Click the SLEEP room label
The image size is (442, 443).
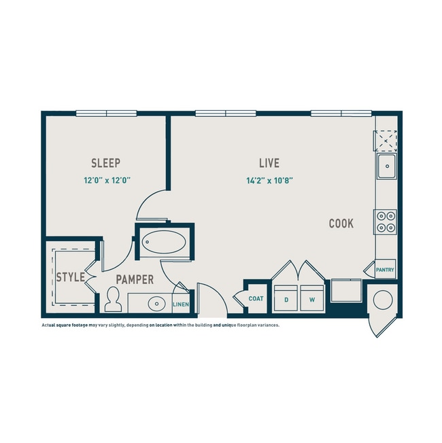point(106,163)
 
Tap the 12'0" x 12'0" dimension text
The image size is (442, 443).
point(107,181)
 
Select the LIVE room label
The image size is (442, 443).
point(269,163)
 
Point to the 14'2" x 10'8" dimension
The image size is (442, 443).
point(269,181)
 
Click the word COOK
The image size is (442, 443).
point(341,224)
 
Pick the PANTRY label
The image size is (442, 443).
point(386,270)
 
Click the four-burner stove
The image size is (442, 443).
point(386,221)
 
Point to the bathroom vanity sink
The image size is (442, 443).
point(158,303)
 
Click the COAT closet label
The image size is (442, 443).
point(256,298)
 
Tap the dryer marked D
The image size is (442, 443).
point(286,299)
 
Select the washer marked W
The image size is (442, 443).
point(312,299)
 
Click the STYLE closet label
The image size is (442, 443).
point(70,277)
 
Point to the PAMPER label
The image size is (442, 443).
point(134,279)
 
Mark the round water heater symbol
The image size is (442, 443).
point(384,298)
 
